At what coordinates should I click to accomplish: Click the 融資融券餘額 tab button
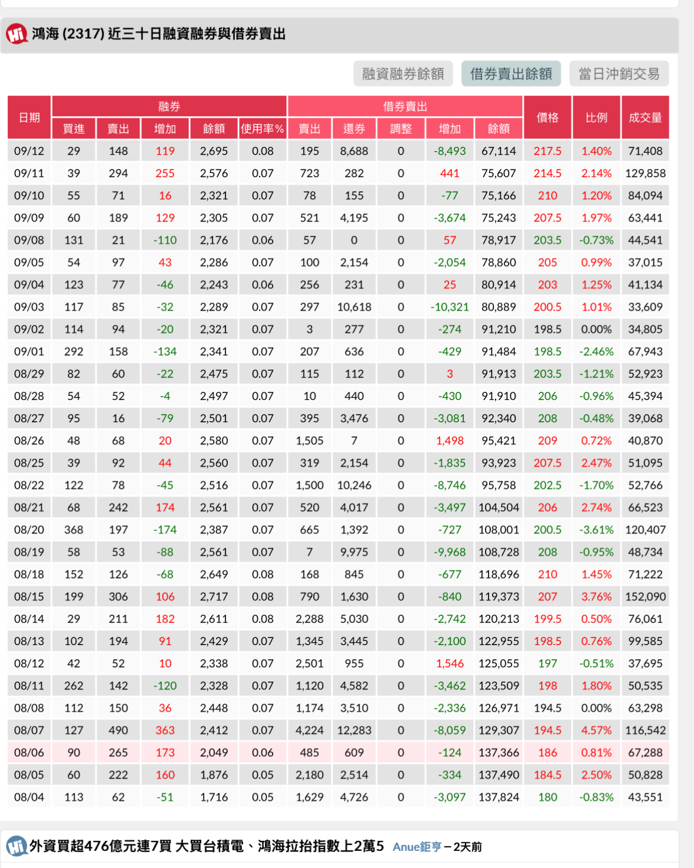coord(403,74)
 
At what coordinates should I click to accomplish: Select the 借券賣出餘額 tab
coord(511,74)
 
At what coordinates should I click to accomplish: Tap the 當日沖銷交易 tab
coord(619,74)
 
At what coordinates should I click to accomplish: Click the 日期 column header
coord(29,118)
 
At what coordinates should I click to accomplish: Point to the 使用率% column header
coord(263,129)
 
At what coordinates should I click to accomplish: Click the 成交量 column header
coord(645,118)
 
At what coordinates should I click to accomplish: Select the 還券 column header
coord(354,129)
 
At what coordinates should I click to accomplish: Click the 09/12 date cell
coord(29,151)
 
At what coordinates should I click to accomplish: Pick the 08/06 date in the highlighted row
coord(29,753)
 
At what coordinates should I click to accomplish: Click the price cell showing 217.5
coord(547,151)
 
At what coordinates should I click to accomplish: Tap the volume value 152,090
coord(645,596)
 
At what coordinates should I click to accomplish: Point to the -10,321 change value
coord(450,307)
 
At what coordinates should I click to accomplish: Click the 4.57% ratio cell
coord(596,730)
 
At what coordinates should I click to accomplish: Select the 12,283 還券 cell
coord(354,730)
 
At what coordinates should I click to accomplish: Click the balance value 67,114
coord(499,151)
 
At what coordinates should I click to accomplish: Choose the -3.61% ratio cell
coord(596,530)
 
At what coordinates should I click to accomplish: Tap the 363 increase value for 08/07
coord(165,730)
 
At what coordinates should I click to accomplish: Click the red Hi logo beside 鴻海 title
coord(16,34)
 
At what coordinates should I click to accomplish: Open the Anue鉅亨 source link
coord(417,847)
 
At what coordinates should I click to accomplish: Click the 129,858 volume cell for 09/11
coord(645,173)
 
